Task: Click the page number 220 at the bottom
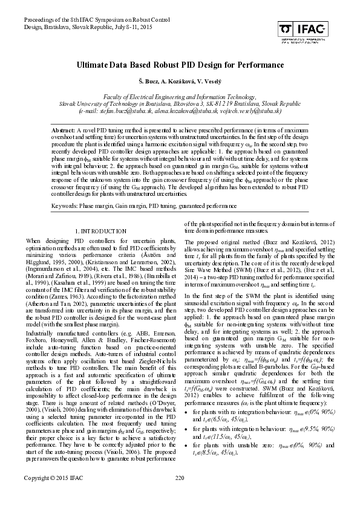180,496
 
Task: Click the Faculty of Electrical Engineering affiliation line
180,97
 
